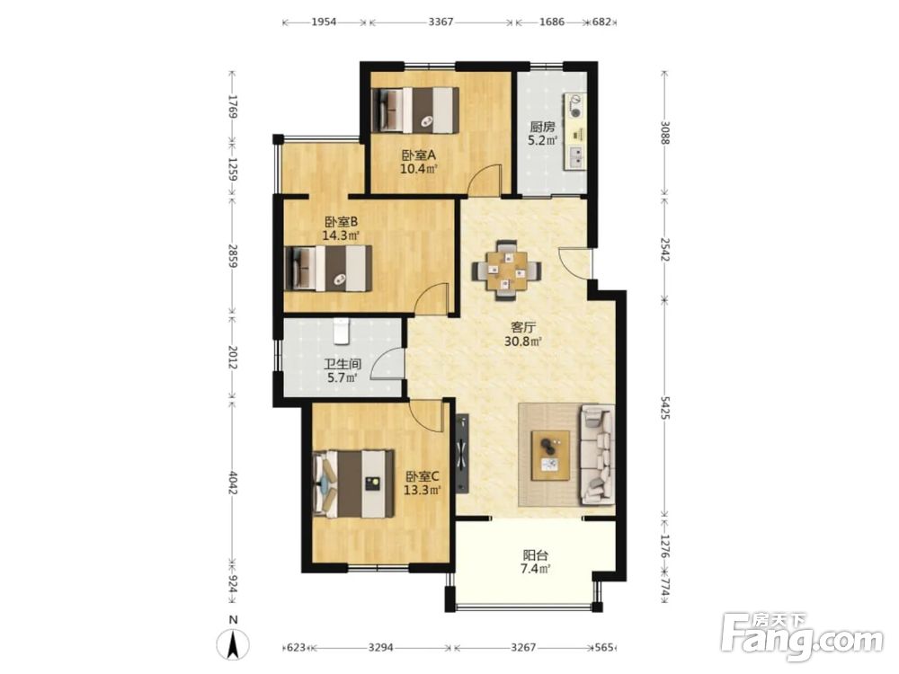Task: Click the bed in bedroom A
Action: point(414,110)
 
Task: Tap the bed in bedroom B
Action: point(328,268)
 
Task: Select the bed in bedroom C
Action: point(353,483)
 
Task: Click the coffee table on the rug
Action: point(550,455)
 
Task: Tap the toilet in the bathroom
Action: point(341,332)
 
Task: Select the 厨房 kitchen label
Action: point(542,127)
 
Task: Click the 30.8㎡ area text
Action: point(523,341)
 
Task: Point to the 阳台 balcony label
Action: point(536,554)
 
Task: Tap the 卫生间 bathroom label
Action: point(343,364)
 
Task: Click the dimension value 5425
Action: point(664,407)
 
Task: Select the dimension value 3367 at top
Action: point(441,22)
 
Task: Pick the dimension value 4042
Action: point(232,483)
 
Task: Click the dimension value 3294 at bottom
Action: point(380,647)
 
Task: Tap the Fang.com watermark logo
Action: point(802,634)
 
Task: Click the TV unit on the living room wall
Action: point(462,454)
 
